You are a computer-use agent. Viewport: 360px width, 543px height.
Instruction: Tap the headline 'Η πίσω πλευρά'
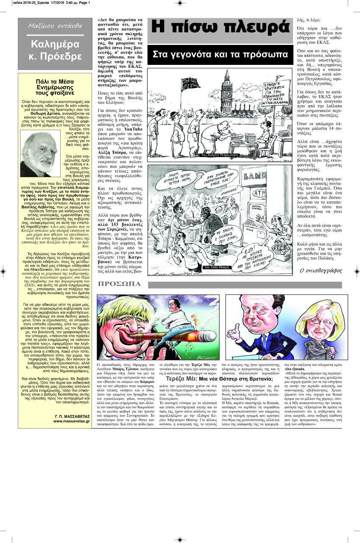point(220,28)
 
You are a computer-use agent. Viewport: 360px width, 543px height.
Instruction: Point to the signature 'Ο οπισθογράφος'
point(318,270)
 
